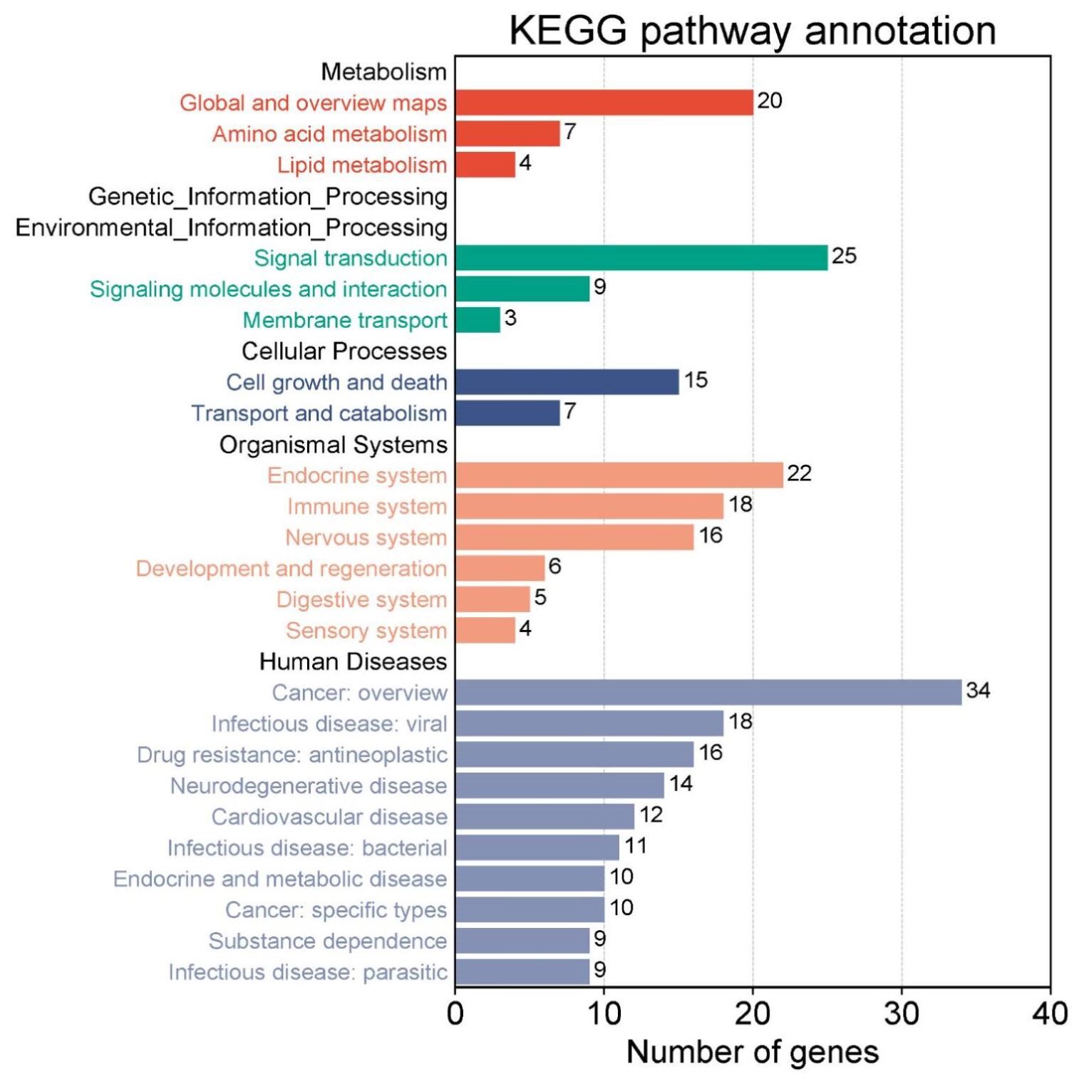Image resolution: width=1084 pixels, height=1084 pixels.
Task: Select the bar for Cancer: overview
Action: tap(708, 692)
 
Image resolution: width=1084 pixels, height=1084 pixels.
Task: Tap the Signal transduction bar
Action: tap(641, 257)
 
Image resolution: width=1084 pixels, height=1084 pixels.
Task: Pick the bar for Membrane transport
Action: tap(478, 319)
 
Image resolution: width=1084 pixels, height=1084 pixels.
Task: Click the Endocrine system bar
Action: tap(619, 475)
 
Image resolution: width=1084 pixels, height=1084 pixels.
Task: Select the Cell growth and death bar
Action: tap(567, 382)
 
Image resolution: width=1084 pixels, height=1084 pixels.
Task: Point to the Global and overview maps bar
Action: tap(604, 103)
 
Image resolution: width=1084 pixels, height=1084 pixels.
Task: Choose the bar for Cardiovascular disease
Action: tap(544, 816)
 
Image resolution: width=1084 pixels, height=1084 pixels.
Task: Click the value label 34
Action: tap(978, 690)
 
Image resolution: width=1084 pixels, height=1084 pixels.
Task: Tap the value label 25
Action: tap(844, 255)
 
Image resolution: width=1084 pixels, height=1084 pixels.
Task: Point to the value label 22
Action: tap(799, 473)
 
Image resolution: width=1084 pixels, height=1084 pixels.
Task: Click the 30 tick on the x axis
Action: tap(902, 1013)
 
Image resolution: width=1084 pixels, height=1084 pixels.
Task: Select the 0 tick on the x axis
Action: tap(455, 1013)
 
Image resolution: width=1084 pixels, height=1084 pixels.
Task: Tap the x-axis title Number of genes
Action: tap(752, 1052)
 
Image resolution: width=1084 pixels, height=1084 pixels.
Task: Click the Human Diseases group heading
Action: tap(353, 661)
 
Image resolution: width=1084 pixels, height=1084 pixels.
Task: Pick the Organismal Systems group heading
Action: tap(333, 445)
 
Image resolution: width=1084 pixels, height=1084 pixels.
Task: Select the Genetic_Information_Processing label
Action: tap(268, 196)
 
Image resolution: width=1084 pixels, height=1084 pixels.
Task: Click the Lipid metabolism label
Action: tap(362, 165)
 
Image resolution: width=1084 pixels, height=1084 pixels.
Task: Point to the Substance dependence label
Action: tap(328, 941)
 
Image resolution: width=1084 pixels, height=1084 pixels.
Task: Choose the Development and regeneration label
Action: tap(291, 568)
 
